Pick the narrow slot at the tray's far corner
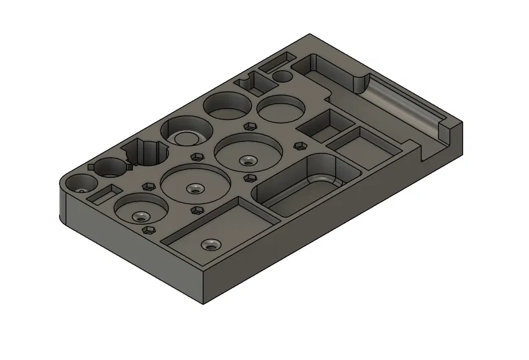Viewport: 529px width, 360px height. [277, 60]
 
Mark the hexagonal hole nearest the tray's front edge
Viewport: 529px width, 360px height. [148, 230]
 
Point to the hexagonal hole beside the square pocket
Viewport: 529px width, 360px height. [299, 146]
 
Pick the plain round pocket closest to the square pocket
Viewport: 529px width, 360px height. [280, 109]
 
